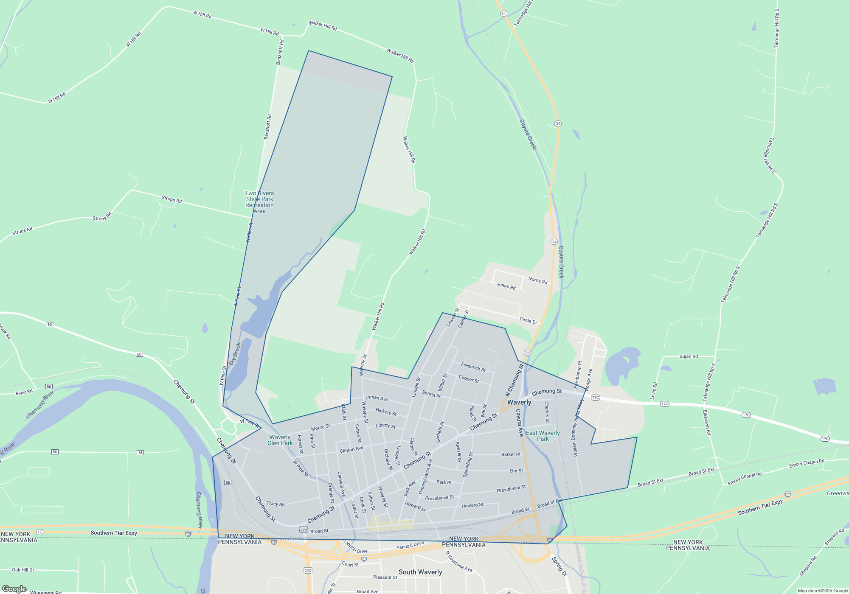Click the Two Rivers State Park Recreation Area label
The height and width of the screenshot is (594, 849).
[x=259, y=202]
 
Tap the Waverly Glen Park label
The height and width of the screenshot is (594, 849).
[x=280, y=440]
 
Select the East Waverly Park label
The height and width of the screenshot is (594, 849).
[x=543, y=436]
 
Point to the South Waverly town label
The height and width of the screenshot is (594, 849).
[x=420, y=572]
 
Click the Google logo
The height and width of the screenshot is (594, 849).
[x=14, y=589]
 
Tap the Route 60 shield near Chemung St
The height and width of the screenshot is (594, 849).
[x=139, y=354]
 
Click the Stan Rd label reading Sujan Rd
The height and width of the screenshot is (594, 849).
[x=689, y=356]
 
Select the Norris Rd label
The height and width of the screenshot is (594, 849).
[x=538, y=280]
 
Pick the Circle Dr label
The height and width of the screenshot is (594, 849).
[x=529, y=320]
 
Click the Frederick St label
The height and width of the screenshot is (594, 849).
[x=473, y=367]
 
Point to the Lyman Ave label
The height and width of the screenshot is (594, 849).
[x=377, y=398]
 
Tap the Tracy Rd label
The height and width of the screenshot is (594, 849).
[x=276, y=504]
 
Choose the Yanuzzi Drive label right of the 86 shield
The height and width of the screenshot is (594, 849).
[x=410, y=546]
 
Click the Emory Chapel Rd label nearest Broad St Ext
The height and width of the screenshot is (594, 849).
[x=745, y=478]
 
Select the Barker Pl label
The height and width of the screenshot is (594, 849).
[x=511, y=454]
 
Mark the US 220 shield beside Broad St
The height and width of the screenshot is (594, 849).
[x=303, y=530]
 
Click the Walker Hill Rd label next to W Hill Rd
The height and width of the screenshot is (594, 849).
[x=323, y=25]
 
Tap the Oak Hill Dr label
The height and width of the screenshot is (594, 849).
[x=23, y=570]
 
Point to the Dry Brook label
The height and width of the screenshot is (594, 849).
[x=235, y=354]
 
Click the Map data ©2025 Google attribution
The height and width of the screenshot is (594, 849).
[x=823, y=591]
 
